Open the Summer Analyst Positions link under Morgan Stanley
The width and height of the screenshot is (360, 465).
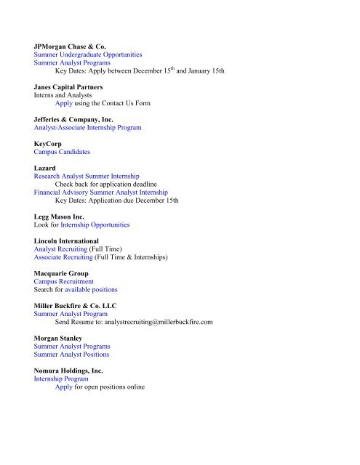coord(71,355)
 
